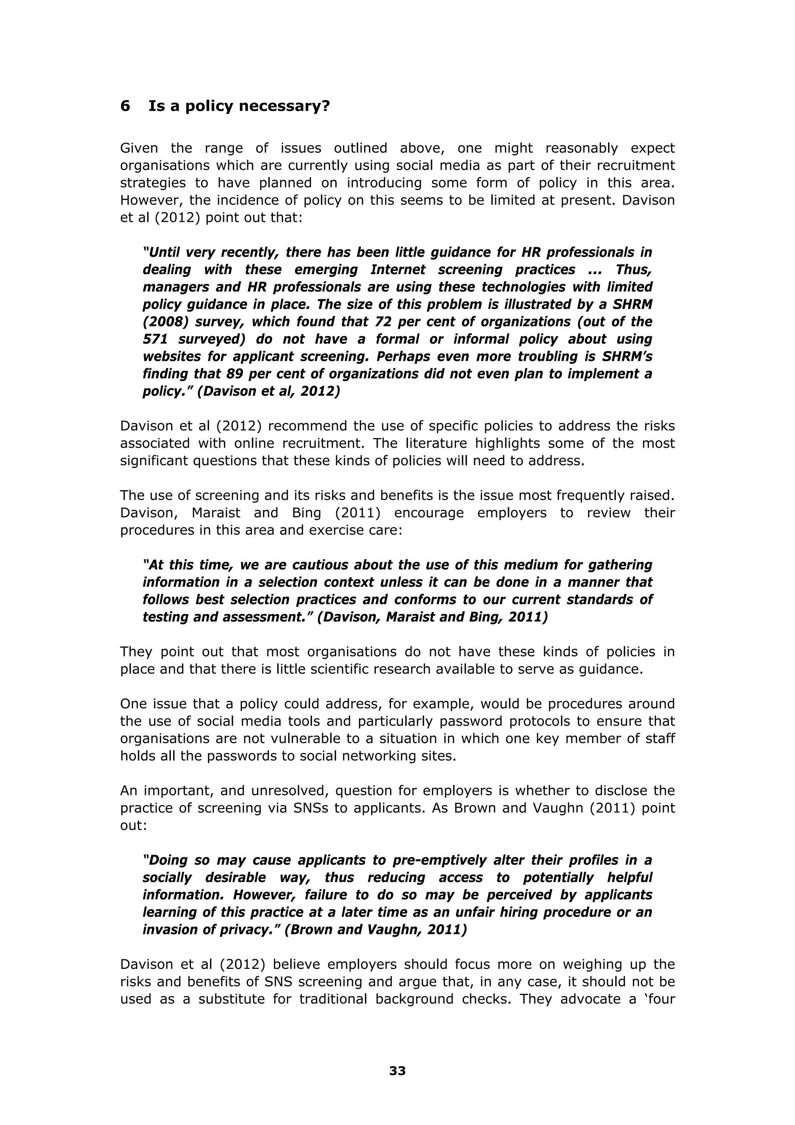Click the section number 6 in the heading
click(x=125, y=106)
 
